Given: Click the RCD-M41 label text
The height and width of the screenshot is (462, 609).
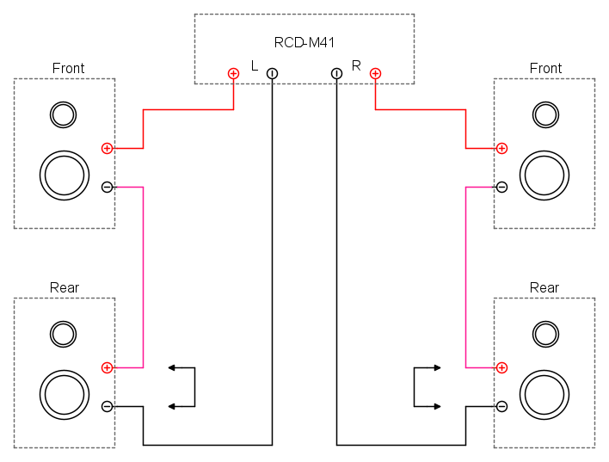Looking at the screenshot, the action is point(304,42).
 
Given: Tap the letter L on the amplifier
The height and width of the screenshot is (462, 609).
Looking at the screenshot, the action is point(255,65).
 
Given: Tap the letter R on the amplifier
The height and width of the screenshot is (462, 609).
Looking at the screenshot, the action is point(356,65).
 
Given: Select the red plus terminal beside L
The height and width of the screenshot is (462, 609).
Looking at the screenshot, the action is point(233,73).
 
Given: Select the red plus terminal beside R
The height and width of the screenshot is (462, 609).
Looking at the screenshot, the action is point(375,73).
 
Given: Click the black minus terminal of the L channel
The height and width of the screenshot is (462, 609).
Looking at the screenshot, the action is point(273,73).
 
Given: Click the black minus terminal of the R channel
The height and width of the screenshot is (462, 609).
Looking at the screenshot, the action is point(336,73).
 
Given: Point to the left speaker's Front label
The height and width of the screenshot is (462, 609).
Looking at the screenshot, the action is point(68,68).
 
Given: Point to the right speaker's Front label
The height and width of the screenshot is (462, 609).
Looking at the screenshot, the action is point(545,68).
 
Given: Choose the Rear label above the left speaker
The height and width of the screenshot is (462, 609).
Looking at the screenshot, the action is point(65,288).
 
